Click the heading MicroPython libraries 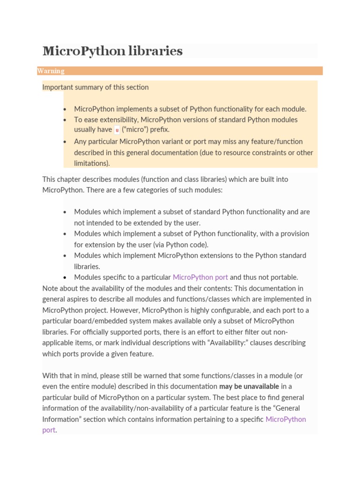[112, 51]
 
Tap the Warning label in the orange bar [51, 71]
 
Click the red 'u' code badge [117, 130]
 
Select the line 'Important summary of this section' [95, 87]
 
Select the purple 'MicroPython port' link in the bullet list [200, 277]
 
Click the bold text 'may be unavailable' [249, 386]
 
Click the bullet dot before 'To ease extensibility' [65, 120]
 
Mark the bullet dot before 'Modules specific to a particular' [65, 277]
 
